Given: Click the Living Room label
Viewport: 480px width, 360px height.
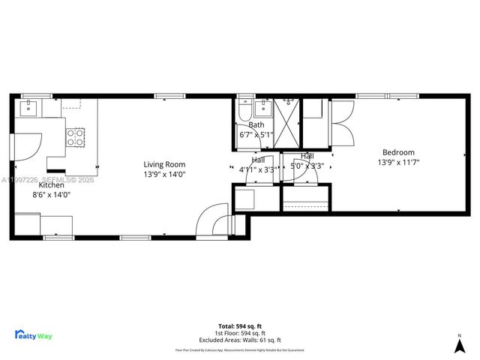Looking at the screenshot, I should click(164, 164).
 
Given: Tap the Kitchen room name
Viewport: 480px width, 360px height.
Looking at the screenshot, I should click(52, 184).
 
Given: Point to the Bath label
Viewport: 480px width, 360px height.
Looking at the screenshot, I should click(256, 125).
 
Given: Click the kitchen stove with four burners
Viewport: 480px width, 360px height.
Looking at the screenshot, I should click(76, 136).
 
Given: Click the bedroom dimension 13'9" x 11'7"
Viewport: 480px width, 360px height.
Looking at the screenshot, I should click(398, 161).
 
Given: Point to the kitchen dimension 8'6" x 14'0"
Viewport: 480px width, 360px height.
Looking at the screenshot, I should click(51, 194).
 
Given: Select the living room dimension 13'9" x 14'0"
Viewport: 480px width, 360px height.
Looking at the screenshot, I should click(164, 174).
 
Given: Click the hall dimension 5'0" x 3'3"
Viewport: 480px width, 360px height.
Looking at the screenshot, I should click(307, 166).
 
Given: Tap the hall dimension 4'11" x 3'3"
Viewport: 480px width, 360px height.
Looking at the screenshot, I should click(256, 169).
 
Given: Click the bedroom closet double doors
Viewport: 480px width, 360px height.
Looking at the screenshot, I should click(343, 124).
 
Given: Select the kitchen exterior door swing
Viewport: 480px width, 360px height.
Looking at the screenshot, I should click(28, 145).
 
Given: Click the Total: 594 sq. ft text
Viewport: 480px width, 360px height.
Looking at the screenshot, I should click(240, 325).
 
